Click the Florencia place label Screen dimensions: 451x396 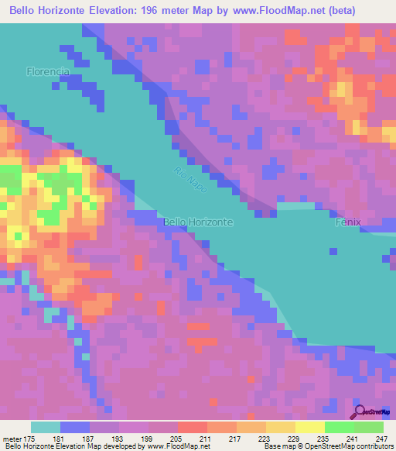pos(48,71)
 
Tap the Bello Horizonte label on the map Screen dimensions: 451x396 pos(198,222)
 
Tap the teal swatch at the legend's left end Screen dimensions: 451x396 pos(46,427)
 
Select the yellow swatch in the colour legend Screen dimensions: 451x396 pos(309,427)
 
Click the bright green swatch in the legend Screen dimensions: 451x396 pos(339,427)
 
